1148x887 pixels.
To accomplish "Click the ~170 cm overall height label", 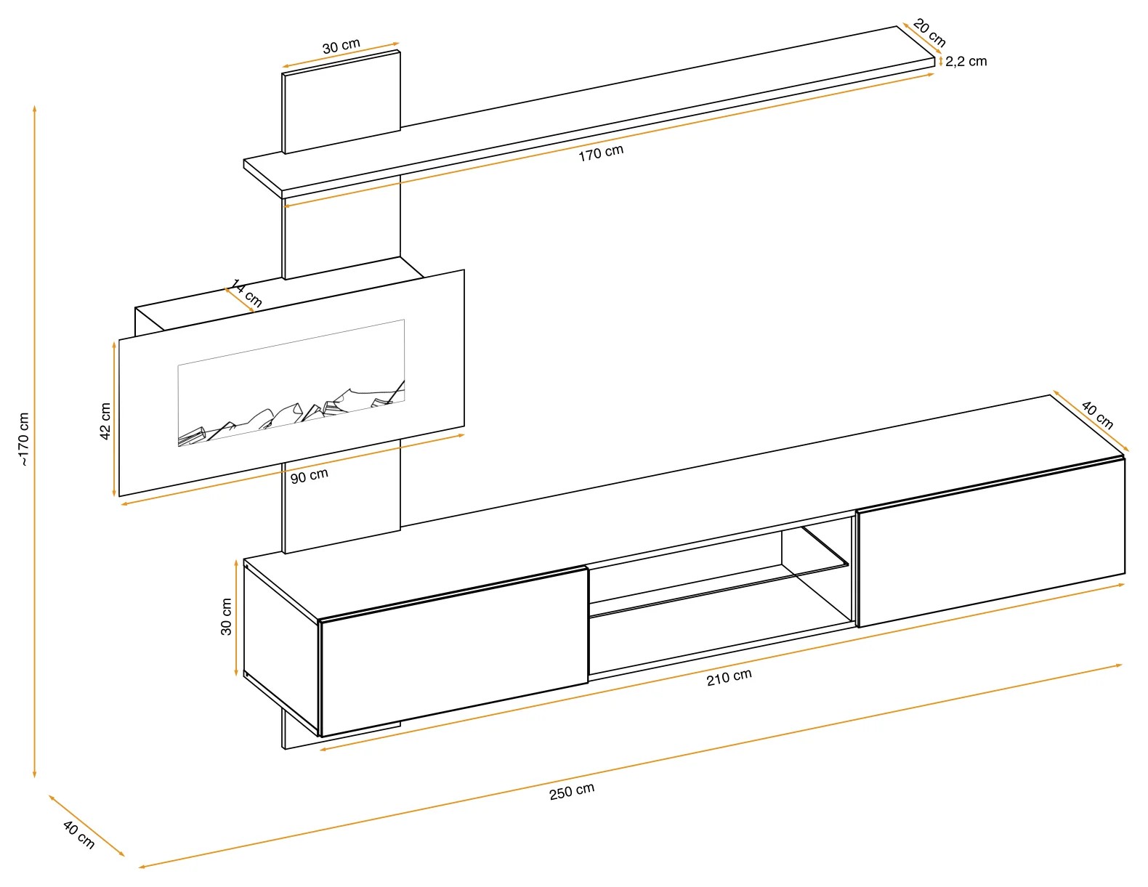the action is coord(23,440).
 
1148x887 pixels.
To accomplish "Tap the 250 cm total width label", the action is coord(572,791).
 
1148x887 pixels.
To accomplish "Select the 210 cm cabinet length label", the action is coord(729,677).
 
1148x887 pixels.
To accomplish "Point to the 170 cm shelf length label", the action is coord(601,153).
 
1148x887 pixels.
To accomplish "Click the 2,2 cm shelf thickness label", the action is coord(966,61).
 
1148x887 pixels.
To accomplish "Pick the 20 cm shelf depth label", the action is coord(929,33).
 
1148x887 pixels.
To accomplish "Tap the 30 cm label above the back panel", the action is coord(341,46).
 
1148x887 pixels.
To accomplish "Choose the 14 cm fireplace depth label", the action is coord(247,293).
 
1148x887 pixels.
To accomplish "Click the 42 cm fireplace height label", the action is coord(105,421).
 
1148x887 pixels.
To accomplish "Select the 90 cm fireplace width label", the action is coord(309,476).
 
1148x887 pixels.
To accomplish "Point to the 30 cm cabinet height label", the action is coord(226,616).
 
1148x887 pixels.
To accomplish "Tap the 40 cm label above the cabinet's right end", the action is coord(1097,415).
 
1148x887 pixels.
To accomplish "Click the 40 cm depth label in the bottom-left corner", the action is coord(78,835).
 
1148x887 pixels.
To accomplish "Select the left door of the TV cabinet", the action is coord(454,652).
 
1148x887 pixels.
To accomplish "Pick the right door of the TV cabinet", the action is coord(990,542).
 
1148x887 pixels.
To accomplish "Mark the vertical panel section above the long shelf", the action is coord(341,102).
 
